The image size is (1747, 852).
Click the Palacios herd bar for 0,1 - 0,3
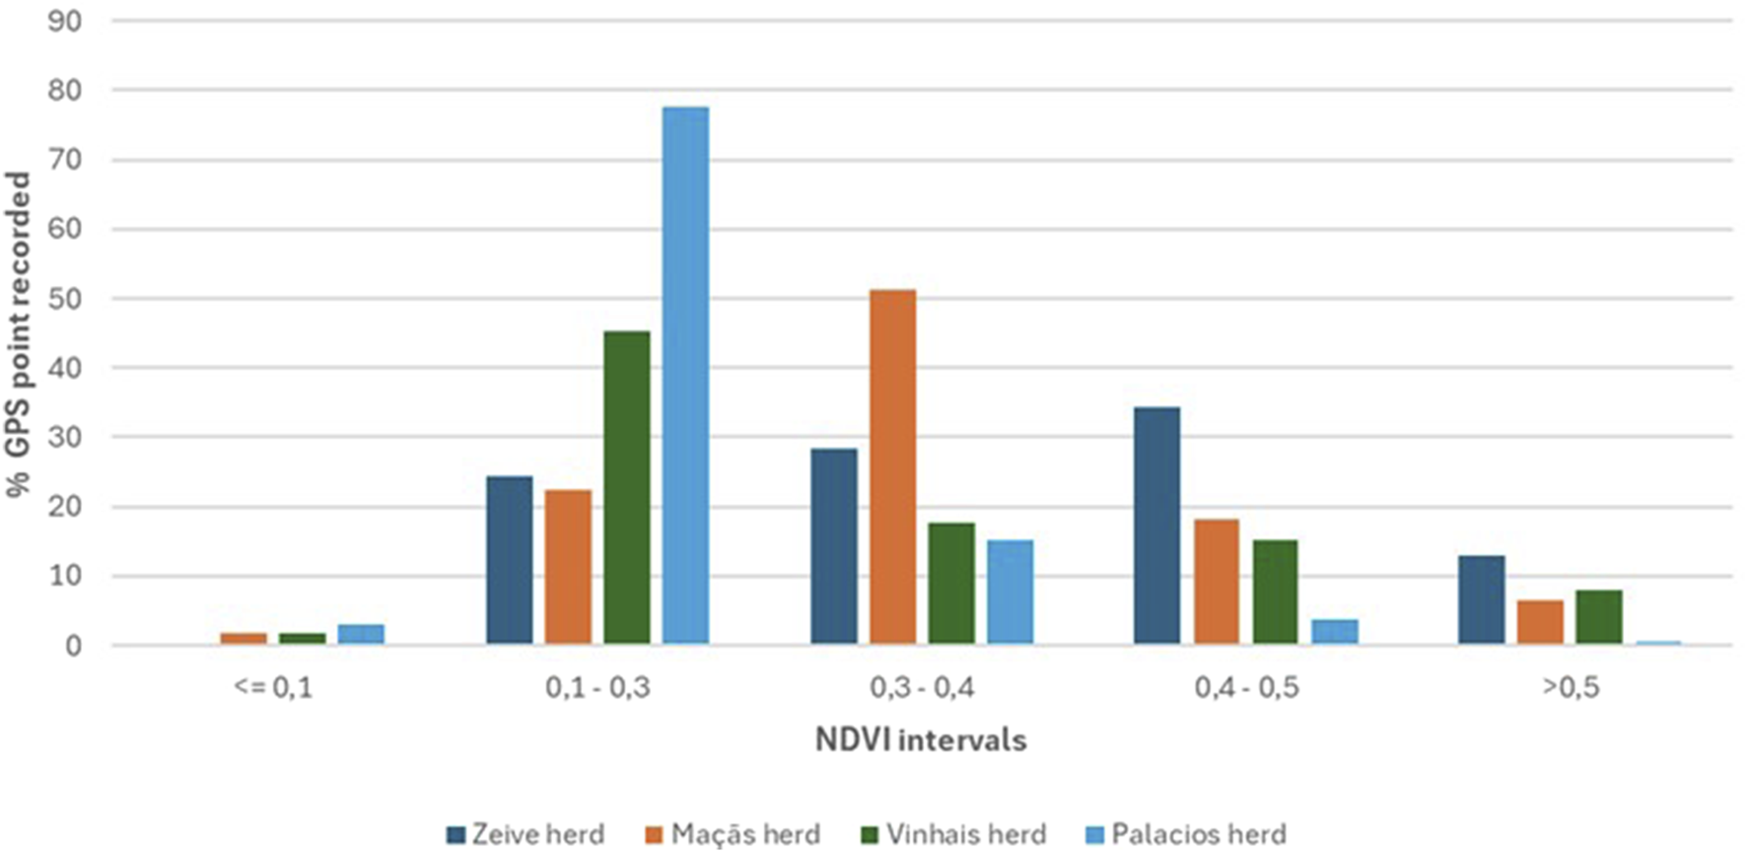click(685, 376)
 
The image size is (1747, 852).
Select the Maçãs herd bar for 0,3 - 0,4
click(892, 467)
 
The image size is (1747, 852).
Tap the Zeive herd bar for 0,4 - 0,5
click(1156, 527)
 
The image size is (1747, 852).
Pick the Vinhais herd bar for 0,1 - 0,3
click(627, 488)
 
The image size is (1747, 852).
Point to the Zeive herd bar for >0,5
click(1481, 601)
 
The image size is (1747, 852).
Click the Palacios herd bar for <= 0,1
click(361, 635)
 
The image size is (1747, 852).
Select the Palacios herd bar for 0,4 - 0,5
click(1334, 632)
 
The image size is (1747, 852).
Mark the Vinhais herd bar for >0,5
click(1598, 617)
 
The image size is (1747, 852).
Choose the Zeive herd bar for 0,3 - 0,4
click(834, 547)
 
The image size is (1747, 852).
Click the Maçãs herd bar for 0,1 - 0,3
click(568, 568)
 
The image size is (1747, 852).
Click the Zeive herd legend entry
click(525, 834)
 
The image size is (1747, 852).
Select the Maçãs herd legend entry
click(734, 834)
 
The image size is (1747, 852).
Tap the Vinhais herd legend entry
click(953, 834)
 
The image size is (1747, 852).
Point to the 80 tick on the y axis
click(65, 90)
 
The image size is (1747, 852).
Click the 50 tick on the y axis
click(65, 299)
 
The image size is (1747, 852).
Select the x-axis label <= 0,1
click(273, 687)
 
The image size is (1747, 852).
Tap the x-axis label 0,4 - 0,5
click(1246, 687)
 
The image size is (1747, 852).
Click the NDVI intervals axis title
click(921, 740)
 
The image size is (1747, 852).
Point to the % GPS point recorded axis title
click(20, 335)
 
